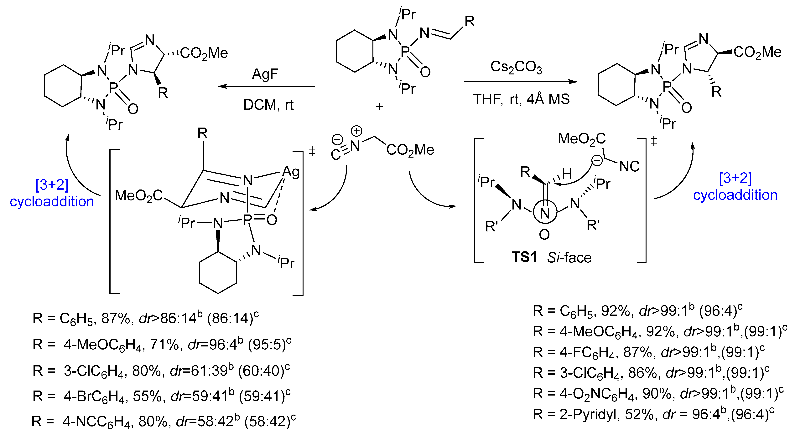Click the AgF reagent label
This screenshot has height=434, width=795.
(x=265, y=74)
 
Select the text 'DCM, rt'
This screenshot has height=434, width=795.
(x=268, y=105)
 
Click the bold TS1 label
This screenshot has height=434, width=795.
(x=524, y=257)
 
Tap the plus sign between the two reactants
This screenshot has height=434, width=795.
(x=379, y=107)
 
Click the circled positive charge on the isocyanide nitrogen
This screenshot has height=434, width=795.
(x=356, y=131)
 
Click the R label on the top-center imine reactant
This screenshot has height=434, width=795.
(x=469, y=22)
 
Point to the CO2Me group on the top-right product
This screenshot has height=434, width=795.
(x=757, y=52)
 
